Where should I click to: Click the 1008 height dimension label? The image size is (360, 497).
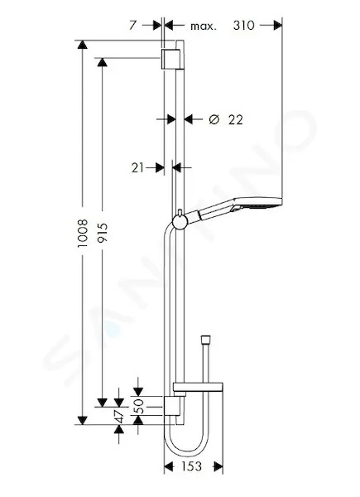point(83,233)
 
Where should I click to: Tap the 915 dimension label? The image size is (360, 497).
point(103,233)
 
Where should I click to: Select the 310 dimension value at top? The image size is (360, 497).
point(244,26)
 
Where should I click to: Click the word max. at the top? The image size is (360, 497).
point(204,26)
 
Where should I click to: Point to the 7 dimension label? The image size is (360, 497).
point(132,26)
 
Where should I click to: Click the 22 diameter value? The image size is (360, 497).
point(236,120)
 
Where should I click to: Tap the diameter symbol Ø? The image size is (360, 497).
point(214,119)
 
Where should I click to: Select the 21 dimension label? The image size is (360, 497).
point(137,168)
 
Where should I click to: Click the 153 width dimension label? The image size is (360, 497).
point(191,466)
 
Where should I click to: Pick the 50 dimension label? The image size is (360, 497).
point(139,406)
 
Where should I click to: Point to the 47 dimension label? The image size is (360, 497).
point(120,416)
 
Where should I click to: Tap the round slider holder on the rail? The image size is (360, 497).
point(180,221)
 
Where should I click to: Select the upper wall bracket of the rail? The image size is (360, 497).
point(172,60)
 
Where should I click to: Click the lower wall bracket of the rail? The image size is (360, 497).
point(173,406)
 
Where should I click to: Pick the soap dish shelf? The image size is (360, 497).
point(198,387)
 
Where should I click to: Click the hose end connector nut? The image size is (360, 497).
point(206,338)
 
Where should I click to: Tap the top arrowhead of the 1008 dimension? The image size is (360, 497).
point(82,45)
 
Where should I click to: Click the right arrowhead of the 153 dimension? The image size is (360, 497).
point(218,466)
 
